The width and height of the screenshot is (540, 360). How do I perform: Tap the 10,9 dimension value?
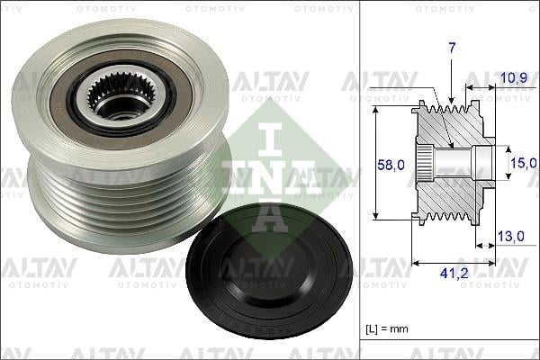[512, 79]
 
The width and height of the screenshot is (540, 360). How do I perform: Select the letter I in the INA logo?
[272, 127]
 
